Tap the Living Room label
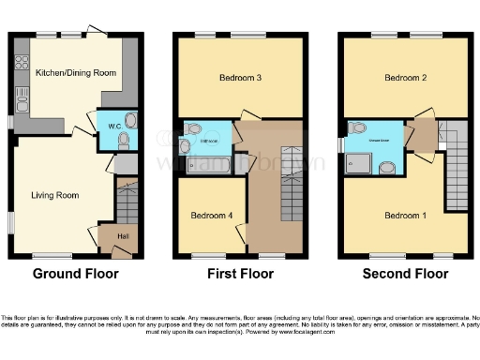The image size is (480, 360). [x=53, y=195]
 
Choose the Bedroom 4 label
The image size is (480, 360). [x=211, y=215]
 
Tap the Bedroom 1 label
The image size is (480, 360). [x=405, y=215]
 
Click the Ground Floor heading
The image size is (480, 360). [x=76, y=275]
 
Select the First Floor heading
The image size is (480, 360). [x=240, y=275]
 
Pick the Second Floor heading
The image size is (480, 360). [x=405, y=275]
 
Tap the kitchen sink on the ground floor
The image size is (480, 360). [x=21, y=94]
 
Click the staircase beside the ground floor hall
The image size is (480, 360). [x=126, y=199]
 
